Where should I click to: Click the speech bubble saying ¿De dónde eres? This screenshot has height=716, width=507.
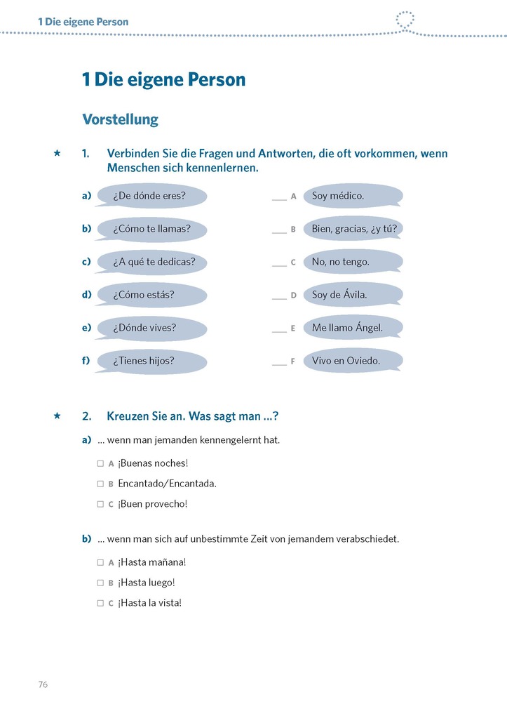[x=151, y=196]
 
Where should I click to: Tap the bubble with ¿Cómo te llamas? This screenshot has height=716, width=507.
[x=151, y=229]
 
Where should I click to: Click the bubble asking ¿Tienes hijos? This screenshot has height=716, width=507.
[x=151, y=361]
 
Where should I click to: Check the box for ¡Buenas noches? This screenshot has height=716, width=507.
[x=100, y=464]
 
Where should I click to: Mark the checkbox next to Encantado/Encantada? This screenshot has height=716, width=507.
[x=100, y=484]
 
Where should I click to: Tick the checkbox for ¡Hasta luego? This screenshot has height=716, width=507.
[x=100, y=583]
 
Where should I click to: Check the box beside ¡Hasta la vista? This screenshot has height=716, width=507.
[x=100, y=603]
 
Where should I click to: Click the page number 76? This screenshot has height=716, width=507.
[x=43, y=684]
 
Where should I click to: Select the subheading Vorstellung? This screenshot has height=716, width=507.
[x=120, y=119]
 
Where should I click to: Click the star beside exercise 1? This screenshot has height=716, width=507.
[x=58, y=153]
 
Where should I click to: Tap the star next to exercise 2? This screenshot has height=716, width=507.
[x=58, y=416]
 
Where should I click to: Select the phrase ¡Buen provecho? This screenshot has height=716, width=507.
[x=153, y=504]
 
